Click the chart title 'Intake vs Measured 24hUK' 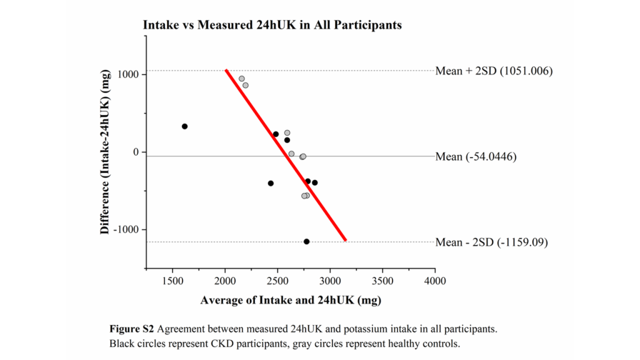point(272,26)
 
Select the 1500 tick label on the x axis point(172,281)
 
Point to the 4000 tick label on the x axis point(435,281)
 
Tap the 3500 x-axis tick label point(382,281)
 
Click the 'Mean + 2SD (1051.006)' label point(494,71)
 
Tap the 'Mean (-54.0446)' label point(475,156)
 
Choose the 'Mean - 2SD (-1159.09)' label point(491,242)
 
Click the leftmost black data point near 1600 point(184,126)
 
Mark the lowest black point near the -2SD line point(306,241)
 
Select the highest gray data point point(242,79)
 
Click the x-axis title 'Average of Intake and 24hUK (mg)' point(291,300)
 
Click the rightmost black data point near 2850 point(314,182)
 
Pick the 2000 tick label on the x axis point(225,281)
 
